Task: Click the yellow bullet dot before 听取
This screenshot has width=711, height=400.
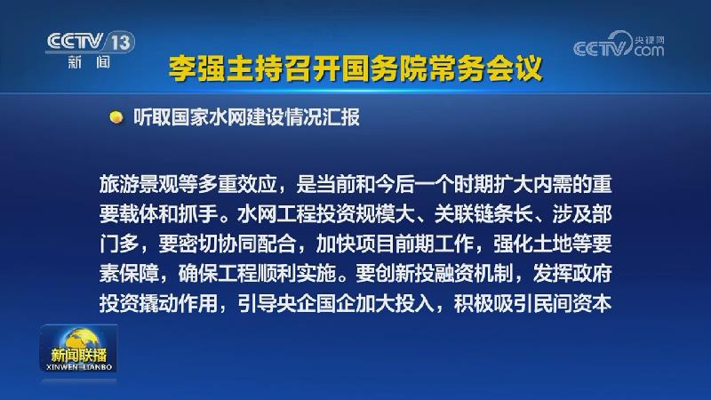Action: tap(115, 117)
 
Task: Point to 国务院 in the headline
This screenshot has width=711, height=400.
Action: tap(387, 68)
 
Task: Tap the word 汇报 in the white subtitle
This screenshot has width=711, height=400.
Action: tap(341, 117)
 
